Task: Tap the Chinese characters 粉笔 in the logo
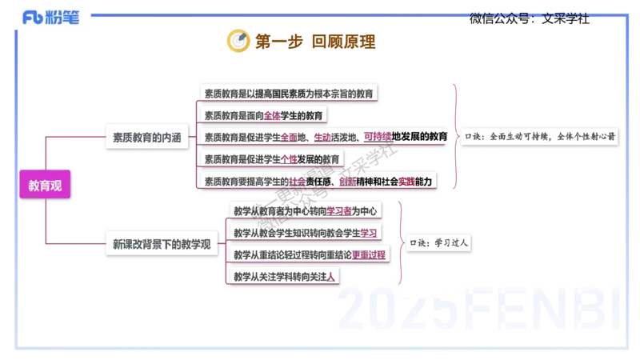pyautogui.click(x=66, y=18)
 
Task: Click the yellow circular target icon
pyautogui.click(x=237, y=40)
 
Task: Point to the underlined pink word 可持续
pyautogui.click(x=377, y=137)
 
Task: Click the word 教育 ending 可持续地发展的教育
pyautogui.click(x=437, y=137)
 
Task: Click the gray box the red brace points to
pyautogui.click(x=541, y=136)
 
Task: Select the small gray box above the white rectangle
pyautogui.click(x=439, y=242)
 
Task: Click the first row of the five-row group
pyautogui.click(x=289, y=93)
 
